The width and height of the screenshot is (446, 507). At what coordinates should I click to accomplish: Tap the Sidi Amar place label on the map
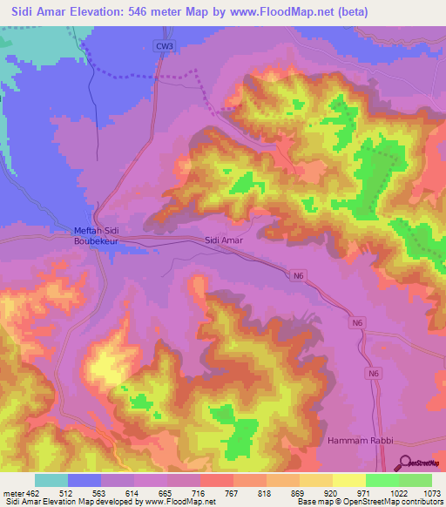(x=223, y=239)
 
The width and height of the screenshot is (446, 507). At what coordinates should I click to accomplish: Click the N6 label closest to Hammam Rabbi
(x=373, y=373)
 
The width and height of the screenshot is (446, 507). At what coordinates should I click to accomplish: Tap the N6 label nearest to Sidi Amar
(x=299, y=276)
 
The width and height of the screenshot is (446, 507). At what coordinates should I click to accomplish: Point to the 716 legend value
(x=199, y=492)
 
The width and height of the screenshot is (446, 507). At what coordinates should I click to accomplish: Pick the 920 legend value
(x=332, y=492)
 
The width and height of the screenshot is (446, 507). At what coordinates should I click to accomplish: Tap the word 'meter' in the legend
(x=12, y=492)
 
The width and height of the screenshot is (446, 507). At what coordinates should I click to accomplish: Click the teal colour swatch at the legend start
(x=51, y=480)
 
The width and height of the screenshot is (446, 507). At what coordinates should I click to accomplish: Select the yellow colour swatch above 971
(x=348, y=480)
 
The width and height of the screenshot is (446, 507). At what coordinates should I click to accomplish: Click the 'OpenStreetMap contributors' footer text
(x=396, y=503)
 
